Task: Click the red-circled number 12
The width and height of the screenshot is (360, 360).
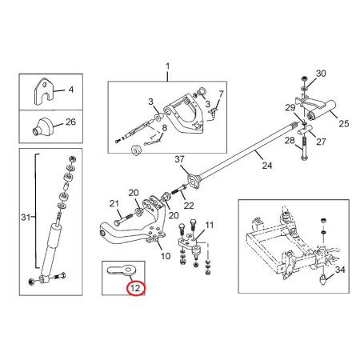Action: point(135,288)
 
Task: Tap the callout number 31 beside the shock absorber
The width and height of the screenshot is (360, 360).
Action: point(26,217)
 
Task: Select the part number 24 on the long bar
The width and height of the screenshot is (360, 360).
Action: point(267,166)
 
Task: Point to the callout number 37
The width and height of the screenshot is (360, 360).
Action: point(179,159)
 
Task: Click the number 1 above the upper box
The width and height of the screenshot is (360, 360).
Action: point(167,66)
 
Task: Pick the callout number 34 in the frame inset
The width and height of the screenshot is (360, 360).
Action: point(340,270)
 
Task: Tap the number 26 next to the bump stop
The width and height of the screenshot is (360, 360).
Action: point(70,122)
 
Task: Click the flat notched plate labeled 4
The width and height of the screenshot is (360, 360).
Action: point(43,91)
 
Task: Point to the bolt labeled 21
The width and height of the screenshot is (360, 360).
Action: point(122,219)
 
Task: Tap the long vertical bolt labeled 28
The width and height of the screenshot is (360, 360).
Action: point(304,147)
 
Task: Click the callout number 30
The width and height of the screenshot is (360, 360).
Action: point(321,74)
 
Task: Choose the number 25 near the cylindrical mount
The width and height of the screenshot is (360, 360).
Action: point(344,123)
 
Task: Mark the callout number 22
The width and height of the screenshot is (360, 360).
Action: point(189,206)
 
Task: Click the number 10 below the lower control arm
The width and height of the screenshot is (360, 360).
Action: point(166,256)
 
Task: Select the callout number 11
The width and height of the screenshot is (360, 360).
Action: point(210,225)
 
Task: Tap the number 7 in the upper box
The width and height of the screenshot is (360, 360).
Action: point(221,94)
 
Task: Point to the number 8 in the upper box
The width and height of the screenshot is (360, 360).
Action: point(165,128)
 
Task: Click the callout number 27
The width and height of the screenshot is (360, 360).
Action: point(321,142)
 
